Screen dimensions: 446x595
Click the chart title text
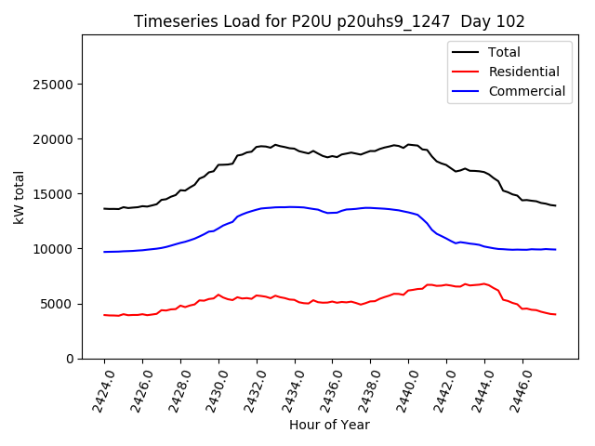[329, 21]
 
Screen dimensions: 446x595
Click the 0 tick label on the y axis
[70, 359]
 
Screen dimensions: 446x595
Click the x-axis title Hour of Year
[329, 425]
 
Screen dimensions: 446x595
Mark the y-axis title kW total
[20, 196]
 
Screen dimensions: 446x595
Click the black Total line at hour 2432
[257, 147]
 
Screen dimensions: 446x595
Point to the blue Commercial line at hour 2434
[295, 206]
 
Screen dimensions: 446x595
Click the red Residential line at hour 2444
[484, 283]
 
